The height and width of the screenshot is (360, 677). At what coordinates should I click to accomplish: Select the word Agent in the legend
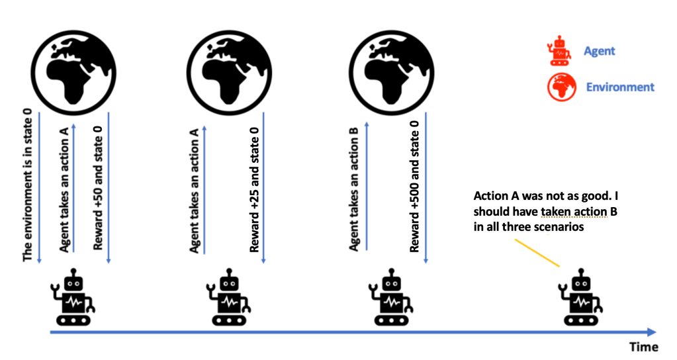(599, 51)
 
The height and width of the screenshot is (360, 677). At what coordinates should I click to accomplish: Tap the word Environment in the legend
(620, 87)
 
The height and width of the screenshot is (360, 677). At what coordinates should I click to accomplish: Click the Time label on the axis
(644, 347)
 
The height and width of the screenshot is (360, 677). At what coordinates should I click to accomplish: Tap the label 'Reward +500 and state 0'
(414, 187)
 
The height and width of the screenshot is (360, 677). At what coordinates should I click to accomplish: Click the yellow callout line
(537, 251)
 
